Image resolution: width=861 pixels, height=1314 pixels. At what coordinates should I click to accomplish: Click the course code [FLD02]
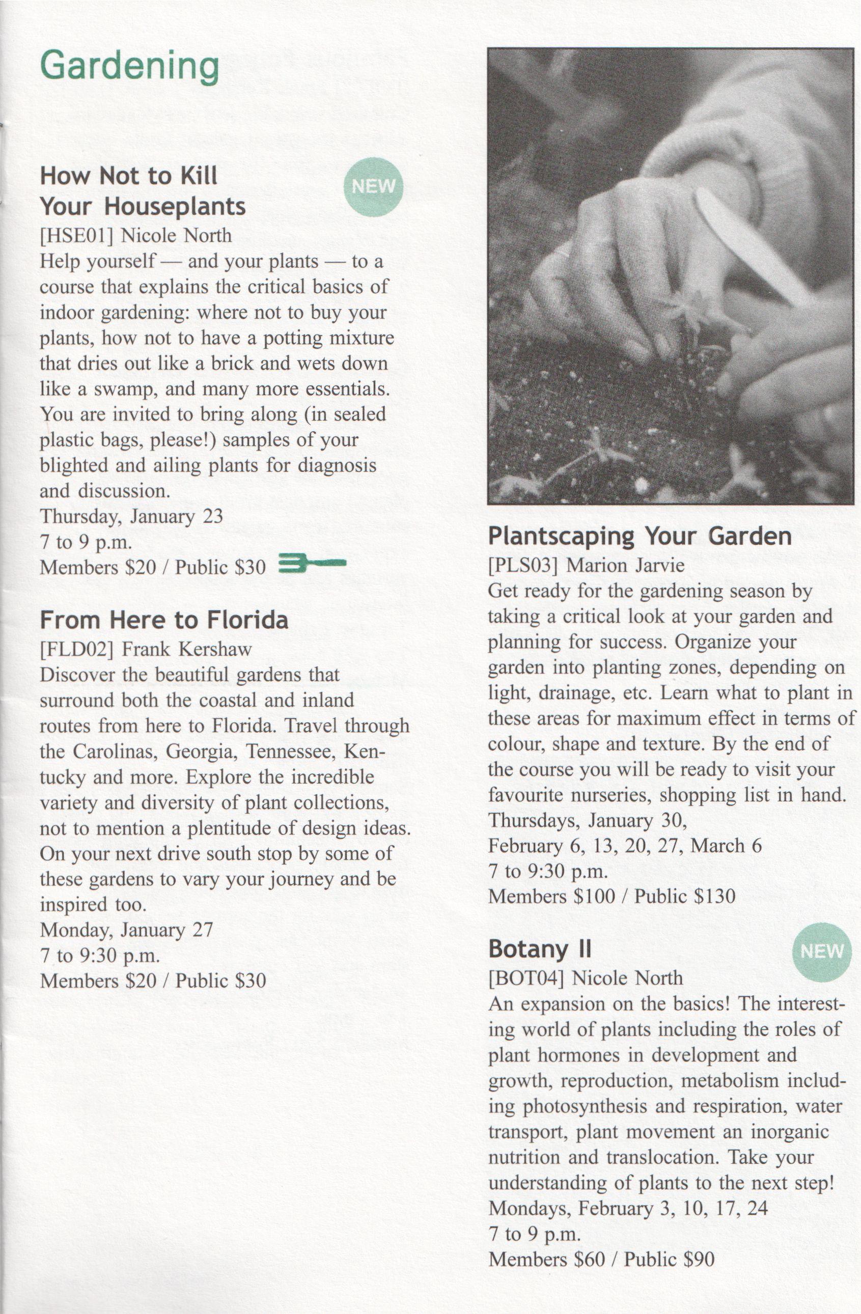[x=76, y=650]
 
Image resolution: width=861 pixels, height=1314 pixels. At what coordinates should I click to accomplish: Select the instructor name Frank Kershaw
[x=187, y=650]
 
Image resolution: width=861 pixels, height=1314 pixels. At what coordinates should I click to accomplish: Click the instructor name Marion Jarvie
[x=625, y=565]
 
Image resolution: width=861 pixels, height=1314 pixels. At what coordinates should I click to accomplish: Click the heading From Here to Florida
[x=164, y=620]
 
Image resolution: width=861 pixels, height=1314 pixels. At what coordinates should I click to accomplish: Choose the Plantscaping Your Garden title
[x=640, y=536]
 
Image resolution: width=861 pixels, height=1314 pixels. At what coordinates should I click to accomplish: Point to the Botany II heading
[x=540, y=949]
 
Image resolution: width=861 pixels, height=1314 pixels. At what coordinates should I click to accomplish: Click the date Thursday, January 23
[x=131, y=517]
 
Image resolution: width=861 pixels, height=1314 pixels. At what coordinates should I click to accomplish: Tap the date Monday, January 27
[x=126, y=930]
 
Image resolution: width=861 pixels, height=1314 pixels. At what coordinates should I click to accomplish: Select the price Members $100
[x=551, y=896]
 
